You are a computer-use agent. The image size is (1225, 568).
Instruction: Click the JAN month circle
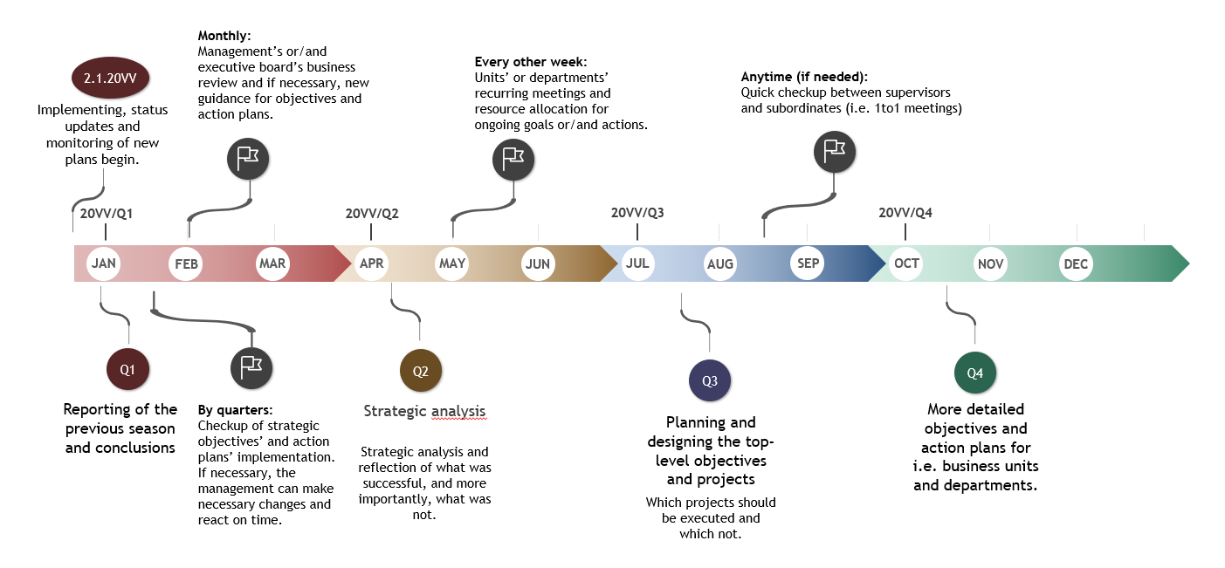coord(103,263)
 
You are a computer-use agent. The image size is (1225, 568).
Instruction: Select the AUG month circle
coord(720,263)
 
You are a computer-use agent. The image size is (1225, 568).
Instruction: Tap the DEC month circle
coord(1076,263)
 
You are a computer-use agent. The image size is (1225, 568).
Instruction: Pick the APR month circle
coord(371,263)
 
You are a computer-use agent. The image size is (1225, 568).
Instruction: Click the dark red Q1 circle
coord(127,369)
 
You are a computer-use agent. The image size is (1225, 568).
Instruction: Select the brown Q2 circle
coord(420,371)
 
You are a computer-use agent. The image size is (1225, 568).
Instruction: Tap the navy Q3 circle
coord(709,380)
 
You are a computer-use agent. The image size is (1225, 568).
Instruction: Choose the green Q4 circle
coord(975,373)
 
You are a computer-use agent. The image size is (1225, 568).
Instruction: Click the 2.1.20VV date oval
coord(110,79)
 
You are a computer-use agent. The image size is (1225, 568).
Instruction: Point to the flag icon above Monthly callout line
coord(249,157)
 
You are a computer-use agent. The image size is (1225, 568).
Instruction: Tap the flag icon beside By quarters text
coord(251,367)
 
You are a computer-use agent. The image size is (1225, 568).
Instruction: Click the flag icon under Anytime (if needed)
coord(835,150)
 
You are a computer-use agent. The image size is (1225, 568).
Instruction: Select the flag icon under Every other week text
coord(513,159)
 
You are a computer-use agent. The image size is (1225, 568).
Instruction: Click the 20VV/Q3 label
coord(637,213)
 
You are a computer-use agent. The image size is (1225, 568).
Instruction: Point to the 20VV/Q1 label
coord(107,213)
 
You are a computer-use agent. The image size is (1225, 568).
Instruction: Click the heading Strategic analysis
coord(424,411)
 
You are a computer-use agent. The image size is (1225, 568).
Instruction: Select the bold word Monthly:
coord(224,36)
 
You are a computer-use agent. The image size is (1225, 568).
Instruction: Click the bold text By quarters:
coord(235,409)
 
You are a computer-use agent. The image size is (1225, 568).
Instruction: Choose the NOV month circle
coord(990,263)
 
